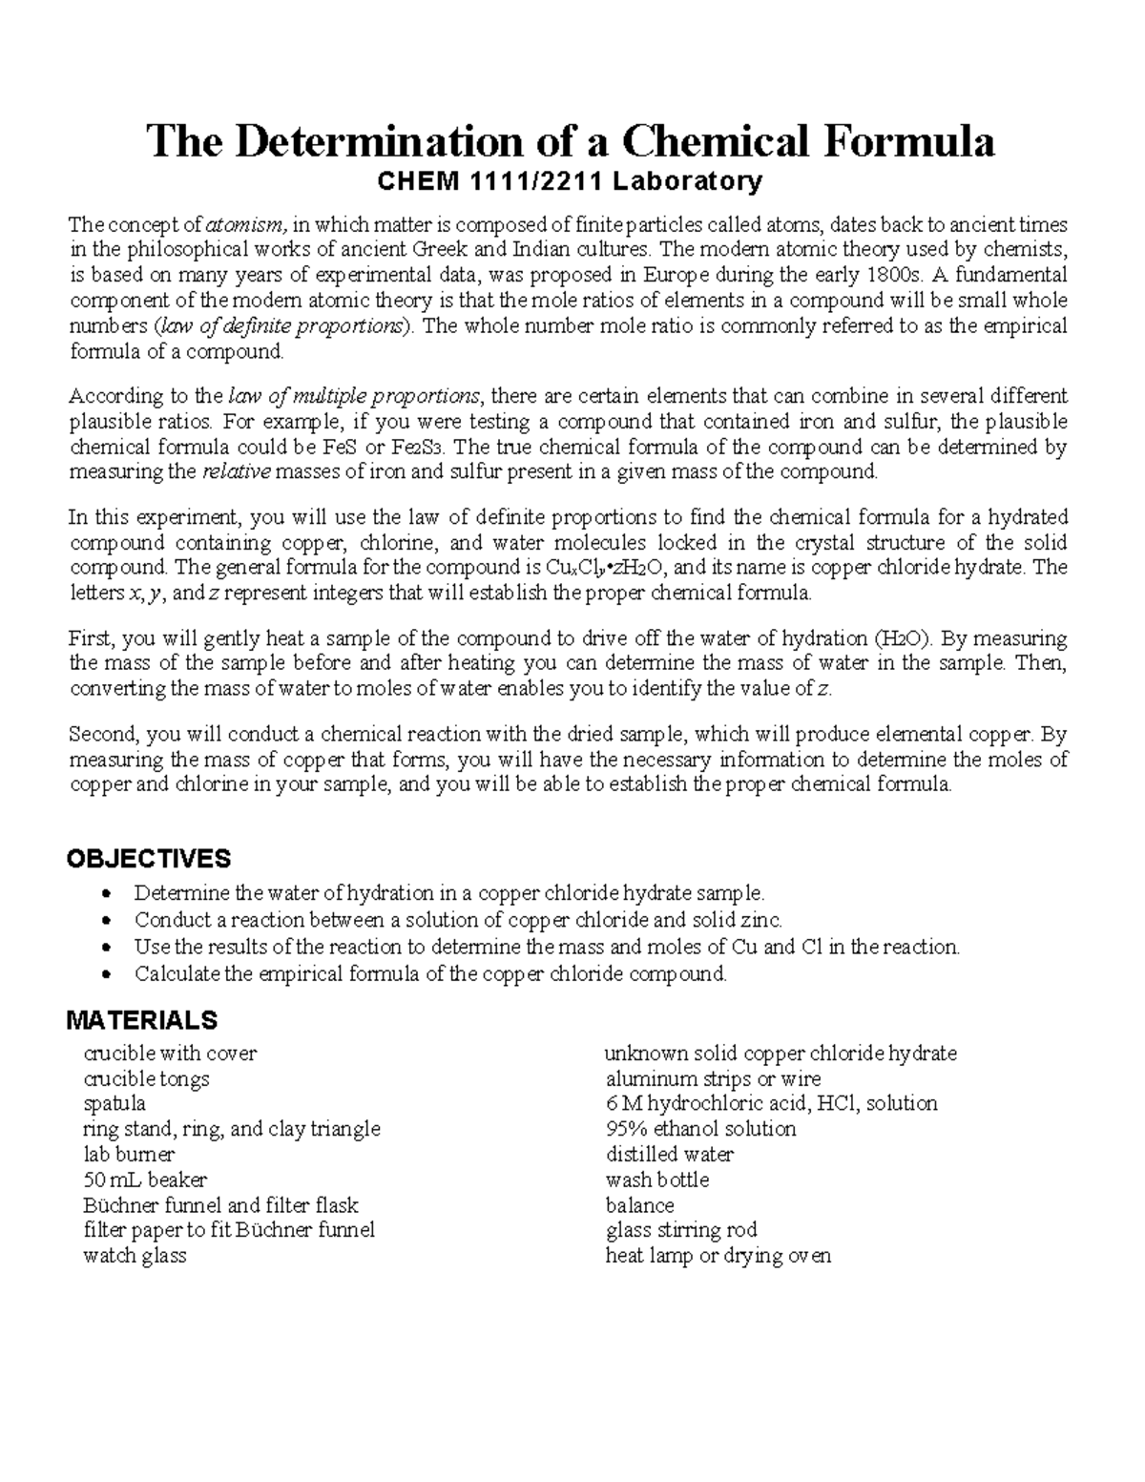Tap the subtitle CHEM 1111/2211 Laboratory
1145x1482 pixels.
[572, 180]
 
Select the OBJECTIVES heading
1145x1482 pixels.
[148, 859]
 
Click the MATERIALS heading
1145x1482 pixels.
[141, 1021]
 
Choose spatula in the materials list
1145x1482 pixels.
[114, 1104]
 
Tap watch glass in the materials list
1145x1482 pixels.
[135, 1256]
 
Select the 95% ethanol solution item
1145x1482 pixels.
[700, 1129]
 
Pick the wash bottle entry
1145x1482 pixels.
[656, 1180]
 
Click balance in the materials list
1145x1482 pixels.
[639, 1205]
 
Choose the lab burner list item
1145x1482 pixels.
[129, 1155]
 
